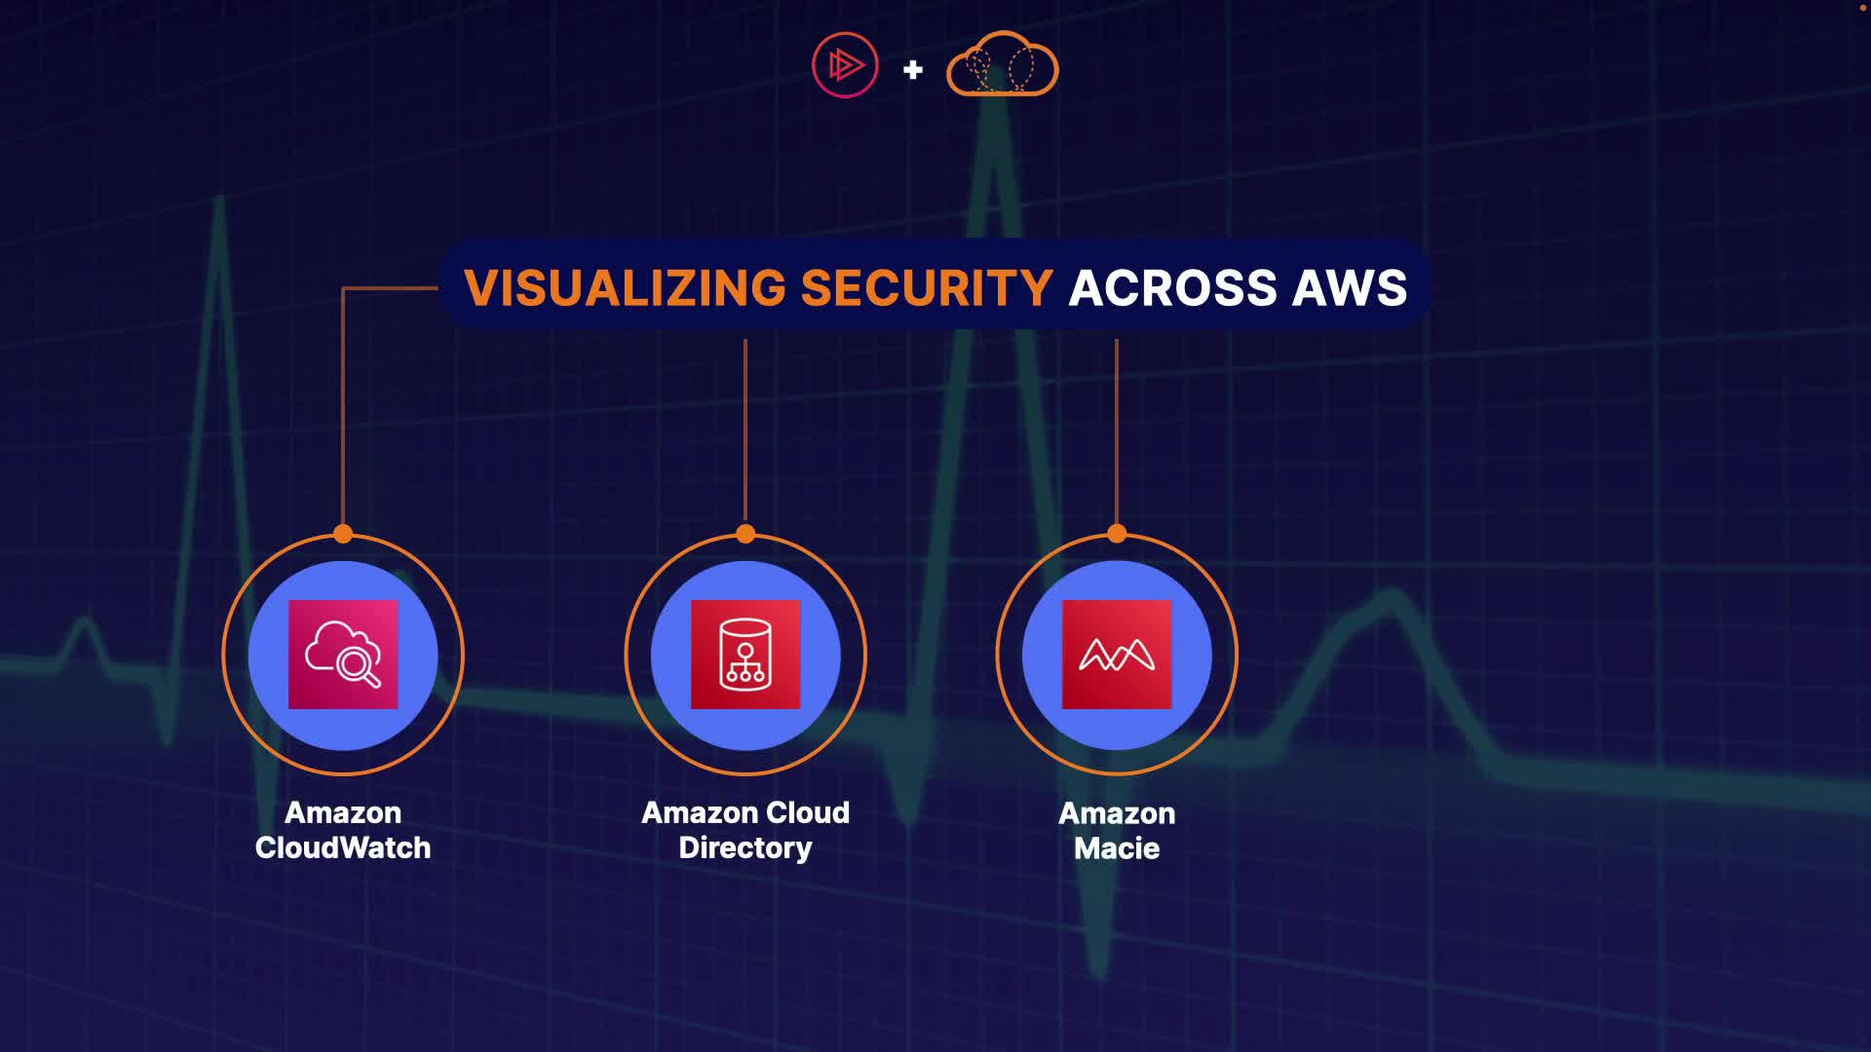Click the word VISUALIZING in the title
625,288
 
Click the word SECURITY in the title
927,288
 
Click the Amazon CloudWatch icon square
343,655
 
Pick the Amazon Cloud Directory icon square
745,655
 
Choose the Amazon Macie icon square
1117,655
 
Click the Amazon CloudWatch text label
343,830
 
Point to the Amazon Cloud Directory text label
745,830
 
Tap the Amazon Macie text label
1117,831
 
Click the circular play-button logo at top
845,65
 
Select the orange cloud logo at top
1002,65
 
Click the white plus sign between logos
913,69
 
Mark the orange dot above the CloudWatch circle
343,534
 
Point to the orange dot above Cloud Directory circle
745,534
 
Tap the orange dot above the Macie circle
1117,534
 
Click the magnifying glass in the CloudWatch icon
358,666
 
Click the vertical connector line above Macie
1117,429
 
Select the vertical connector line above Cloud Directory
745,429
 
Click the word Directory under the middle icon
745,848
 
